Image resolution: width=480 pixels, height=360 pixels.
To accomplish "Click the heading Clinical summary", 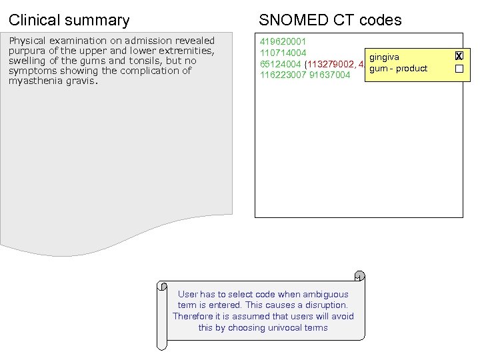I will coord(69,20).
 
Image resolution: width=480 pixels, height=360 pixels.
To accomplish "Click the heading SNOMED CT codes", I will coord(330,20).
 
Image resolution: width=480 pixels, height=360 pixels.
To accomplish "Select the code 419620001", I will coord(283,41).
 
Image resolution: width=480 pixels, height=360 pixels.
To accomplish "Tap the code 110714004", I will coord(283,53).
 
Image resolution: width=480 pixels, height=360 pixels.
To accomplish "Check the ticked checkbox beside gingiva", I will coord(459,57).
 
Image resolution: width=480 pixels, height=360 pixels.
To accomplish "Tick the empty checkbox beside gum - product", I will coord(459,69).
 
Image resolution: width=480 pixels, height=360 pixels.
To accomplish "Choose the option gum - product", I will coord(398,69).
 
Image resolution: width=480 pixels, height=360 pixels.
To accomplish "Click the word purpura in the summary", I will coord(25,51).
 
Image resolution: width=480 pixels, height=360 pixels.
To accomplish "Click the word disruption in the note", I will coord(325,305).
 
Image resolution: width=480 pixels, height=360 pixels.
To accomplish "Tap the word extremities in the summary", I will coord(188,51).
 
